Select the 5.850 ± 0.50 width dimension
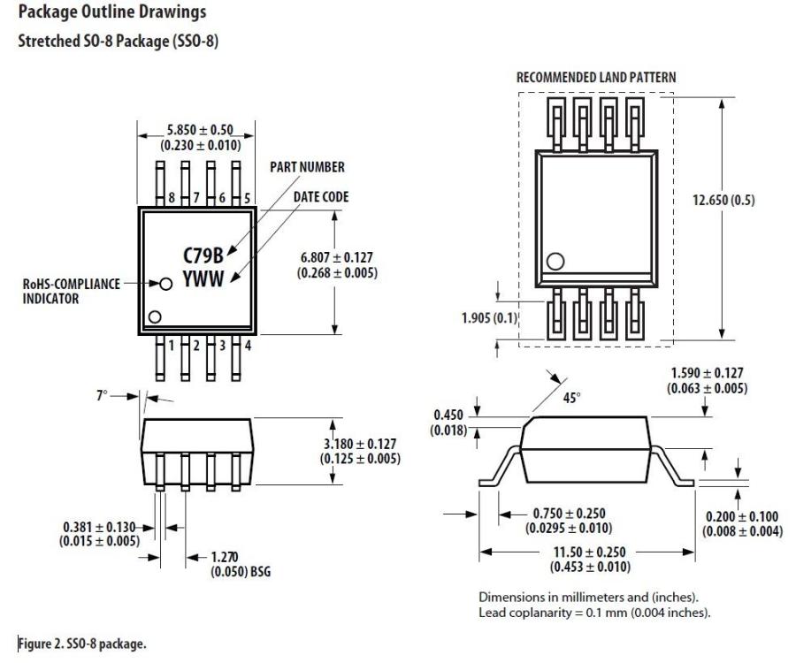pos(196,131)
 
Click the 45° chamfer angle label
pos(571,399)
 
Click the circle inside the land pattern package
pos(555,261)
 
